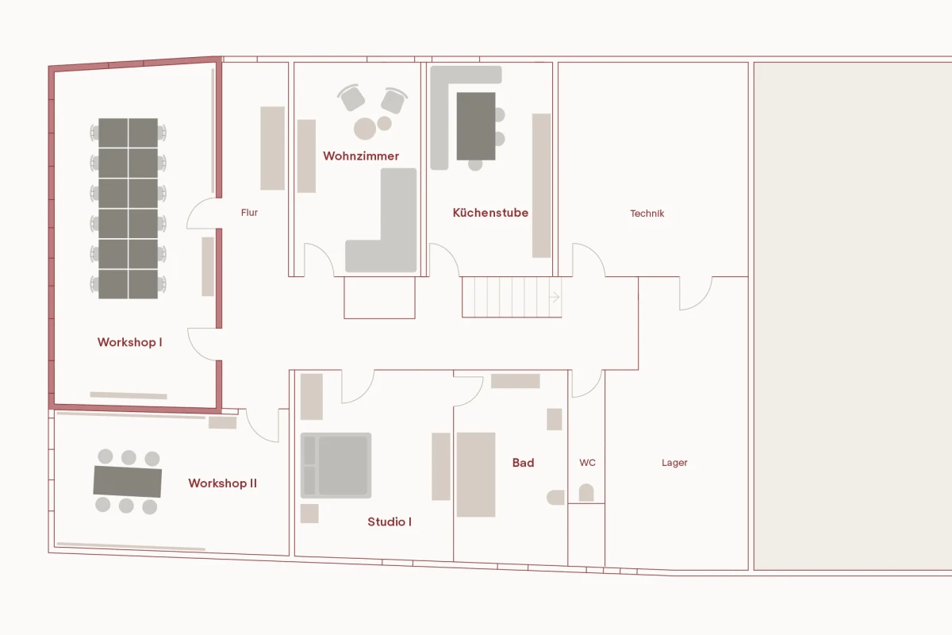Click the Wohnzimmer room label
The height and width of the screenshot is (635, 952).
(361, 156)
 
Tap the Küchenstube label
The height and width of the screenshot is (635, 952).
(490, 213)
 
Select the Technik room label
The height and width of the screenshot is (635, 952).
(647, 214)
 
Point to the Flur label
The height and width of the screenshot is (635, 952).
(249, 213)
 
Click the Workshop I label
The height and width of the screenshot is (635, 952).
(129, 342)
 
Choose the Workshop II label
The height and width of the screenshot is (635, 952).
(222, 483)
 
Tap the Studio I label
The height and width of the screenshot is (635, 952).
(390, 521)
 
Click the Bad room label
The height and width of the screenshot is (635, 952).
(523, 463)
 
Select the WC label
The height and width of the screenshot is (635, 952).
(587, 463)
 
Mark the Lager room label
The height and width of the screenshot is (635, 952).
(674, 463)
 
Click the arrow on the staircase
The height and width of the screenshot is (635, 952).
(555, 298)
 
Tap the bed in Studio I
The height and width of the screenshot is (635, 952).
(336, 465)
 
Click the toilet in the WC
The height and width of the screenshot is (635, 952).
(586, 493)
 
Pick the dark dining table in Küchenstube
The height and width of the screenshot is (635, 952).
(476, 125)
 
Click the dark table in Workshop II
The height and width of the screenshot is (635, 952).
(128, 481)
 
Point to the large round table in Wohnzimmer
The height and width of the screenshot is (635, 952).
(365, 129)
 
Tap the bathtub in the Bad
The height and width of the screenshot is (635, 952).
(476, 474)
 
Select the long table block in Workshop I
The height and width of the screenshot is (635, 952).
(129, 208)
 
